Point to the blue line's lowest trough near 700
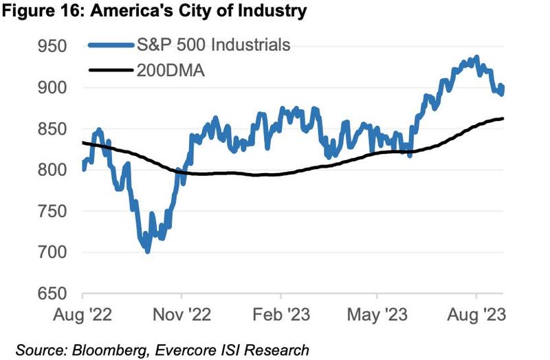(147, 251)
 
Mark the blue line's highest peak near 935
(476, 58)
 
